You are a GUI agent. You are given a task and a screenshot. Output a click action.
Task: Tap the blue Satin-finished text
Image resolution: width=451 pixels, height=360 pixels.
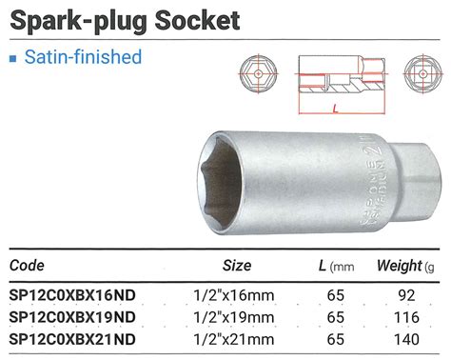coord(82,57)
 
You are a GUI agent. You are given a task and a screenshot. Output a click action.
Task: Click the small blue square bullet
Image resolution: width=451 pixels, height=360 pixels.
coord(12,58)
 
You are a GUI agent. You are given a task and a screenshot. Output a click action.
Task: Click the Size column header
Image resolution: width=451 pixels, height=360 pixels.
coord(236,264)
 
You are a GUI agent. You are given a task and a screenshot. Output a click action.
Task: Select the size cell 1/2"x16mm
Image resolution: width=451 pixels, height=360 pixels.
coord(235,295)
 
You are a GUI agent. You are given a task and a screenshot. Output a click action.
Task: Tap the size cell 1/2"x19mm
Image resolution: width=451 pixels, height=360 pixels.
coord(235,315)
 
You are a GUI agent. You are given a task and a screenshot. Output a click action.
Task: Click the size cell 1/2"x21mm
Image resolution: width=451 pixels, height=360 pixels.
coord(235,336)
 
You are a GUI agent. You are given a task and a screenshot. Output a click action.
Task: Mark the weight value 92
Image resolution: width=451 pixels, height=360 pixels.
coord(409,295)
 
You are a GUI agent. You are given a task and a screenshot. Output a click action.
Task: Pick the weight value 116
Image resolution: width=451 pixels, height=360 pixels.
coord(409,315)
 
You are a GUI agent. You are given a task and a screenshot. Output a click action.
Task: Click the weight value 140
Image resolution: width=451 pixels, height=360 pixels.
coord(409,336)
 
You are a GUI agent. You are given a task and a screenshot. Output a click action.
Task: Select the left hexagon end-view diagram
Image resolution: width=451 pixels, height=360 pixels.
coord(258,75)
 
